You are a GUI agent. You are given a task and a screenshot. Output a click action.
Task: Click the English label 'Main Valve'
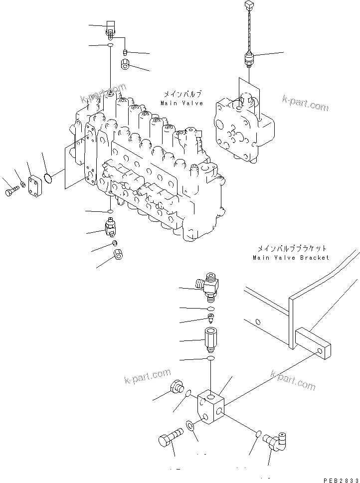click(x=181, y=103)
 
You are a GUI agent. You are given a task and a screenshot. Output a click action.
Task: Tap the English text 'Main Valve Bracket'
click(x=291, y=258)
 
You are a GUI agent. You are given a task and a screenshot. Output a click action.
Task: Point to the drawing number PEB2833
click(x=341, y=480)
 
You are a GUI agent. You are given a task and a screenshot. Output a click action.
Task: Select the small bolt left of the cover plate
click(x=11, y=192)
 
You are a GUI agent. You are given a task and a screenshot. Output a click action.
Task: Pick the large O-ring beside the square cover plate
click(x=49, y=177)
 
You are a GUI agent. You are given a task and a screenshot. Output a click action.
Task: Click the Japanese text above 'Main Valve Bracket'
click(x=292, y=248)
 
